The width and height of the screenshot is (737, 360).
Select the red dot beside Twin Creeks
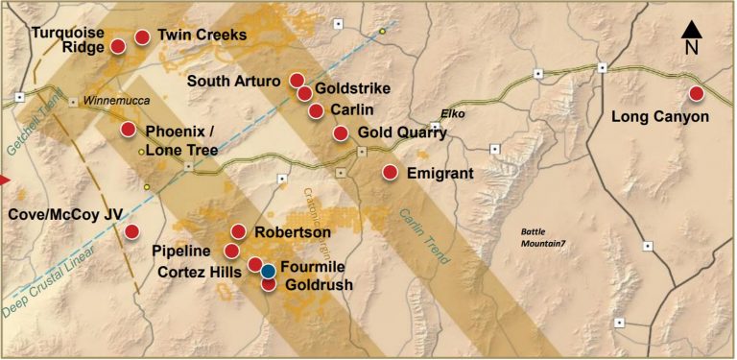tap(142, 37)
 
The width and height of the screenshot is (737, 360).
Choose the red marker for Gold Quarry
tap(340, 132)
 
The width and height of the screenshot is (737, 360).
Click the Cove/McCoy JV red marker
tap(131, 231)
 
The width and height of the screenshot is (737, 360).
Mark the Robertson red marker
tap(239, 231)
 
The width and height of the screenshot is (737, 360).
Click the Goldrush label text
tap(321, 285)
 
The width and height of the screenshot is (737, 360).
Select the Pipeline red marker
tap(231, 251)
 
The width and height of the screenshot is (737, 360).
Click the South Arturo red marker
tap(297, 80)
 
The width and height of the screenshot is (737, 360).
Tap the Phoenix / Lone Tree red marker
tap(128, 130)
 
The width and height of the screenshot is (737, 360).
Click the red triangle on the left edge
tap(4, 180)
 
